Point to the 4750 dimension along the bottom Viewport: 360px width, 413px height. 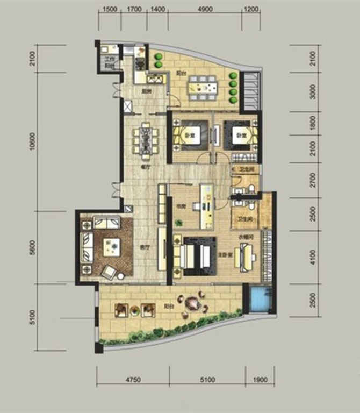point(133,380)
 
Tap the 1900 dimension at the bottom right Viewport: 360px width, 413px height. point(260,380)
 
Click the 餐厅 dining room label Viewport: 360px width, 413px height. point(143,167)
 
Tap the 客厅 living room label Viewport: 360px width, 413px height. point(143,248)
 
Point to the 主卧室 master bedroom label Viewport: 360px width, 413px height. point(226,254)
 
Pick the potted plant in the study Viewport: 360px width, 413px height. point(179,223)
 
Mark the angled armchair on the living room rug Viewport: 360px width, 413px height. point(109,272)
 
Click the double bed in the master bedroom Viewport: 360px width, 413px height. point(196,257)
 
